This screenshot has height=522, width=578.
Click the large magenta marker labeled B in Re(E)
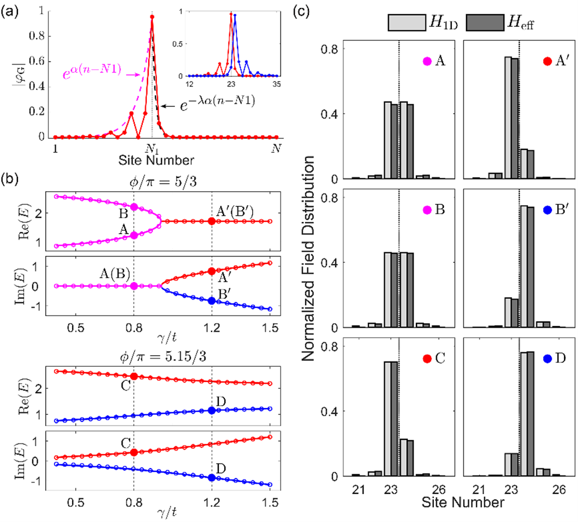134,207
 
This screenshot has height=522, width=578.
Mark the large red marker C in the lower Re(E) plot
134,376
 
